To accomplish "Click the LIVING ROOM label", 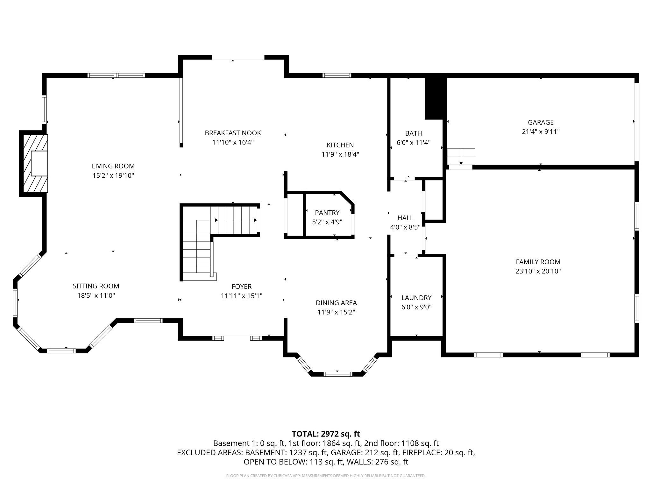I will [x=113, y=166].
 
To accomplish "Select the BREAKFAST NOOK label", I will [x=233, y=133].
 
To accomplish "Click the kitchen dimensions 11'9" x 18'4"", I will [x=340, y=154].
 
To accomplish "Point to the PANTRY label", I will [x=327, y=212].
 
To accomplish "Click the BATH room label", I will [x=413, y=133].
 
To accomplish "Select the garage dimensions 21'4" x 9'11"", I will [x=541, y=131].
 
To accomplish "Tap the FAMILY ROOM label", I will [x=538, y=262].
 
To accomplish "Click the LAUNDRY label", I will [x=416, y=298].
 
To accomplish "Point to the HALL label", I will [x=405, y=218].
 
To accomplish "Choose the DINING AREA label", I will [x=336, y=303].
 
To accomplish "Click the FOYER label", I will [x=241, y=286].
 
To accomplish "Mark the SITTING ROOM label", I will [x=96, y=286].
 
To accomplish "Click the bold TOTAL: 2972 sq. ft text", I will [x=326, y=434].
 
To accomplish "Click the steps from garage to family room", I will [x=461, y=156].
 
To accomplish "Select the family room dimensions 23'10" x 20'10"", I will [x=538, y=271].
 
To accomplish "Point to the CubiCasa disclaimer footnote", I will [x=326, y=476].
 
